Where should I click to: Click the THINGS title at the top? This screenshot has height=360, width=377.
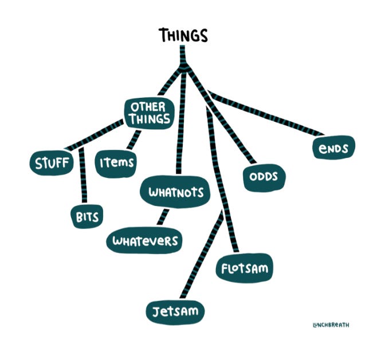(183, 35)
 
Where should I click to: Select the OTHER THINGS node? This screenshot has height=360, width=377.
(148, 113)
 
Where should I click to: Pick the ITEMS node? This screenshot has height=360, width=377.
(116, 162)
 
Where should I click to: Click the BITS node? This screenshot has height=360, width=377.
(87, 217)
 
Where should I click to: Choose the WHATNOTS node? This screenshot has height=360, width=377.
(176, 192)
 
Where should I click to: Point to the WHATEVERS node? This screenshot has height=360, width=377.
(145, 242)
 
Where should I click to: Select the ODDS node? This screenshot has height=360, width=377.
(263, 176)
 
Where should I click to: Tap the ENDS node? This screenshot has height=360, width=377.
(334, 149)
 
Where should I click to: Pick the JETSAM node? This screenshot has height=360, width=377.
(175, 311)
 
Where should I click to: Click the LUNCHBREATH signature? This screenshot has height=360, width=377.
(331, 325)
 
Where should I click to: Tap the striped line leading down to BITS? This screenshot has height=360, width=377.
(83, 177)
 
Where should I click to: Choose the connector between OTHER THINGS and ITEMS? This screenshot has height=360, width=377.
(135, 139)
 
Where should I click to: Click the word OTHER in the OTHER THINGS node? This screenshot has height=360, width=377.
(148, 107)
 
